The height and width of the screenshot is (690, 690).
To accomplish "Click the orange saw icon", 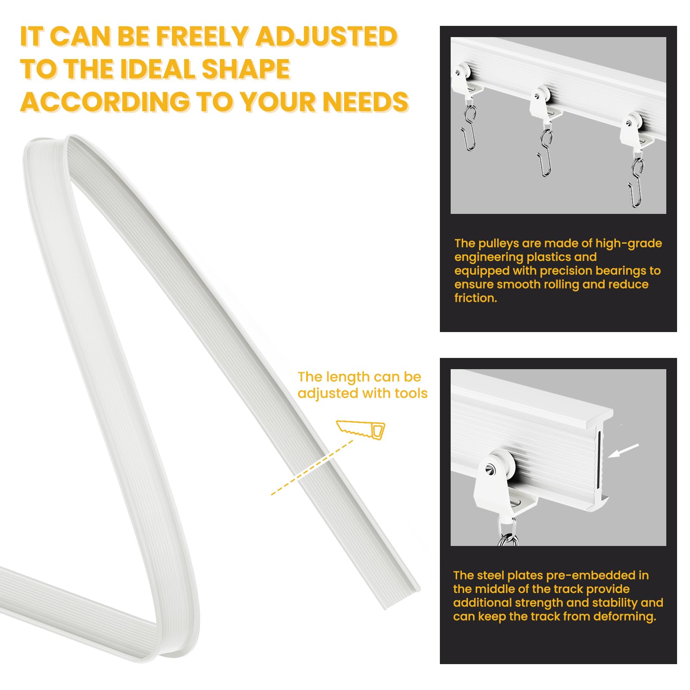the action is click(361, 430).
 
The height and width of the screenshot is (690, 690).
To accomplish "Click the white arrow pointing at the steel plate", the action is click(623, 451).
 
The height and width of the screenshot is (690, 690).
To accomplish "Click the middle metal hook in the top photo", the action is click(546, 153).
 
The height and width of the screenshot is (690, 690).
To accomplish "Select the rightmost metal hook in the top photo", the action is click(636, 182).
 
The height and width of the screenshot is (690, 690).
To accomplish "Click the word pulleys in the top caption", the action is click(499, 244).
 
